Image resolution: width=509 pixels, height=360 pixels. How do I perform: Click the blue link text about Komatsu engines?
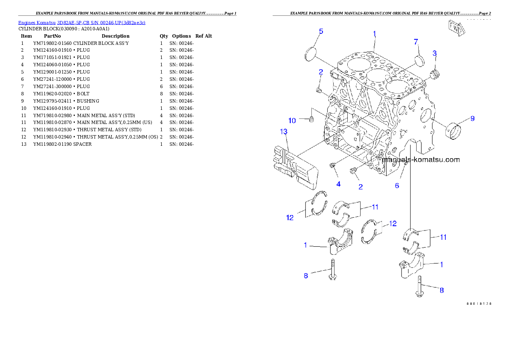82,23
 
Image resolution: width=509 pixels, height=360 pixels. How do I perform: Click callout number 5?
321,31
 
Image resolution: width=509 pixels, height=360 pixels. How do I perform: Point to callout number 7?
415,41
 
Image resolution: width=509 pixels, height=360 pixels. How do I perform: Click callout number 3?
435,53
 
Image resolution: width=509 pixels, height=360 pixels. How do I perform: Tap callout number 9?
472,118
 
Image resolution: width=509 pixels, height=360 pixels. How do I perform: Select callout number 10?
292,121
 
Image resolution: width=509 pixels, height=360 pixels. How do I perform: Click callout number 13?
283,132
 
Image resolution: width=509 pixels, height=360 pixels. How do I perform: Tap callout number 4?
338,184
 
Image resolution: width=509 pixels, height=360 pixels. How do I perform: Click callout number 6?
397,186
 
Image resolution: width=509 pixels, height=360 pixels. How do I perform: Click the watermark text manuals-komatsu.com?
421,160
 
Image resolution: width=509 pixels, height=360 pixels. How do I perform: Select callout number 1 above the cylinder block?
374,33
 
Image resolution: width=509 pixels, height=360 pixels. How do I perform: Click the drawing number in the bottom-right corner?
479,304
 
